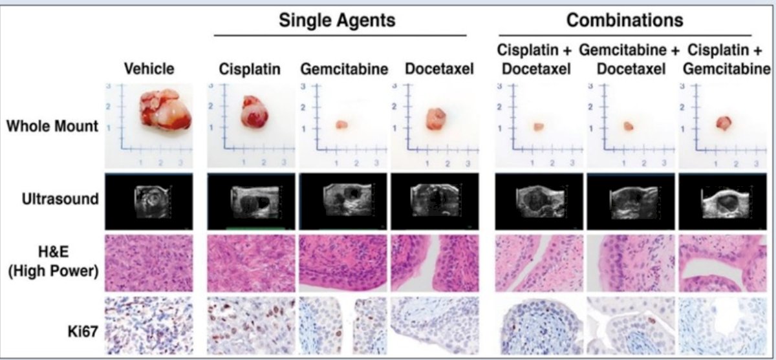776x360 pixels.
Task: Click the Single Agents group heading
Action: click(x=337, y=20)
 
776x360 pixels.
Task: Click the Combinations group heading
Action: click(x=625, y=20)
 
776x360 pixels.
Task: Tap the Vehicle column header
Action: click(x=149, y=69)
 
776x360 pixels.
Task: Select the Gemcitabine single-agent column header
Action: click(x=344, y=69)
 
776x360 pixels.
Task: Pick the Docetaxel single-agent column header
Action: click(x=439, y=69)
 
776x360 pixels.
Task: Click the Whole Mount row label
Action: click(x=52, y=126)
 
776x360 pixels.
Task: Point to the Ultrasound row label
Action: click(x=60, y=199)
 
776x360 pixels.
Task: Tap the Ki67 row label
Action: click(x=83, y=332)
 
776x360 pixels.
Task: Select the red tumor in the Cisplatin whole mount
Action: click(x=255, y=112)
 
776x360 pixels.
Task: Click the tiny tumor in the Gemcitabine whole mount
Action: click(x=341, y=125)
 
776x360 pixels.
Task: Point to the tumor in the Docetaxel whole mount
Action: click(x=436, y=119)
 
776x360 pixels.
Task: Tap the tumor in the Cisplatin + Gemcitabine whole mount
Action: click(x=724, y=123)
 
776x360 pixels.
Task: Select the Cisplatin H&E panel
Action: click(x=251, y=264)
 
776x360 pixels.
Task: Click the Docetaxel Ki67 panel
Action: click(x=435, y=325)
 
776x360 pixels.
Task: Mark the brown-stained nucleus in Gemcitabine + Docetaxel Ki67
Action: click(x=652, y=320)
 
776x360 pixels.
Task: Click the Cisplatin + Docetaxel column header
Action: click(x=535, y=59)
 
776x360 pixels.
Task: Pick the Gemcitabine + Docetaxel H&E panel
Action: click(x=631, y=264)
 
